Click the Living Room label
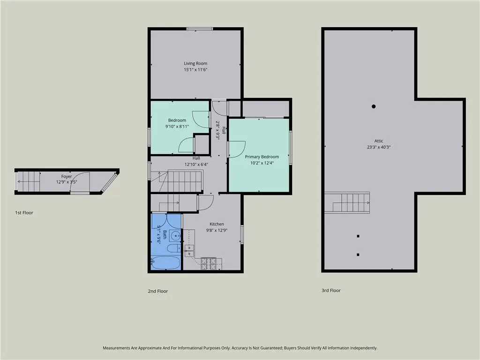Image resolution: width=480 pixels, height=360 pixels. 195,63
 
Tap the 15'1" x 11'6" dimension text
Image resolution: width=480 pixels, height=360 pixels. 195,70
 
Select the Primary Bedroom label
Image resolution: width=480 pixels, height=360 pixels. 262,157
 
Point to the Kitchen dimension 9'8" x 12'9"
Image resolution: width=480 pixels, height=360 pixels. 217,231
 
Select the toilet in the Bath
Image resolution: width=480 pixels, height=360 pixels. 173,248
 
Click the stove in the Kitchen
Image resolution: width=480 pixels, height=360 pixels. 209,263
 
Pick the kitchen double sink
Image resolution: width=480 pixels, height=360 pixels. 189,250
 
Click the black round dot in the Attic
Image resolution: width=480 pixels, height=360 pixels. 374,106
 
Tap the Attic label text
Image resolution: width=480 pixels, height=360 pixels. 379,141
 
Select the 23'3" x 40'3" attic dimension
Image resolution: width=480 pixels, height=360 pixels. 379,147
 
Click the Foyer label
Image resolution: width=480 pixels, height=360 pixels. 67,176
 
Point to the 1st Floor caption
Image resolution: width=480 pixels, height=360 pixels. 24,213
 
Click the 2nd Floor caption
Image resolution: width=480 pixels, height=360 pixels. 158,292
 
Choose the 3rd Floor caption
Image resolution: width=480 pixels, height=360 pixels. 331,291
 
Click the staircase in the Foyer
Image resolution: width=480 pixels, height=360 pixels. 29,181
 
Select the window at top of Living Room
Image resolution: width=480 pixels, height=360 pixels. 200,29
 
